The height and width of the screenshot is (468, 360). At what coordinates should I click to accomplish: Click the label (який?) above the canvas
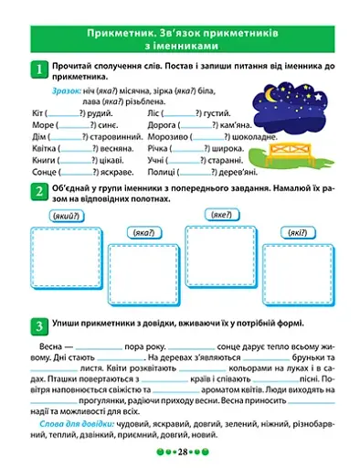pyautogui.click(x=60, y=215)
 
